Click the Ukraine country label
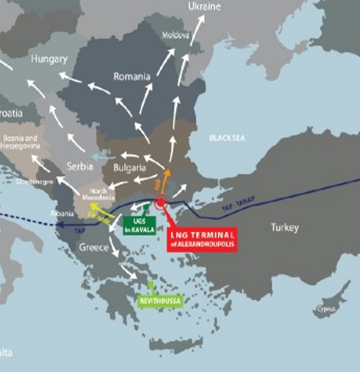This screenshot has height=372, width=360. click(x=204, y=7)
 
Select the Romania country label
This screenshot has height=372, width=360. click(x=132, y=76)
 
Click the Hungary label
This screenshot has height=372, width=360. click(x=49, y=59)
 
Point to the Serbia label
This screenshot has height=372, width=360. click(x=80, y=167)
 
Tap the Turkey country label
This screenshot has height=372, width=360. click(x=285, y=227)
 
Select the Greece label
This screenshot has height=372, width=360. click(x=94, y=248)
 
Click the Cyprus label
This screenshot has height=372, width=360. click(x=326, y=309)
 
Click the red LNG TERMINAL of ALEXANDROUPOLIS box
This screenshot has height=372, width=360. click(x=202, y=239)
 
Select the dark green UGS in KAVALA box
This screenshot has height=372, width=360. click(x=139, y=225)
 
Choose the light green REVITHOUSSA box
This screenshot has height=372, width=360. click(x=160, y=301)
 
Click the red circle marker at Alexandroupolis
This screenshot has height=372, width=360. click(x=161, y=202)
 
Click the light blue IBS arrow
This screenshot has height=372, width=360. click(x=100, y=157)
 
